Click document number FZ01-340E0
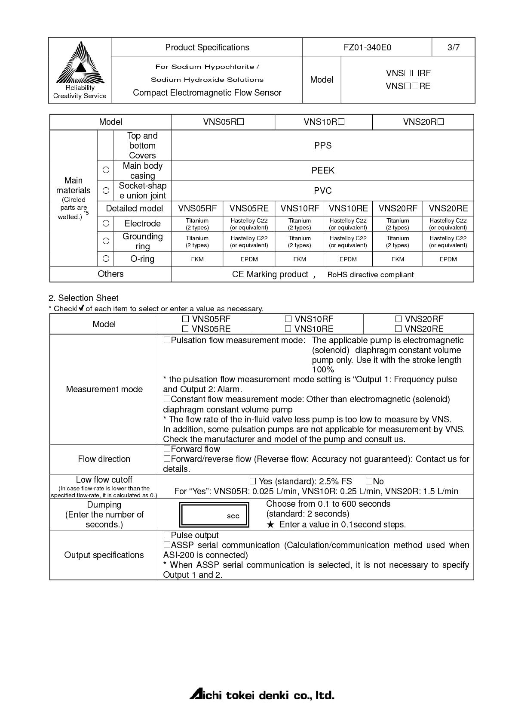tap(367, 47)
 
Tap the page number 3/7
tap(453, 47)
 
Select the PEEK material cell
tap(322, 170)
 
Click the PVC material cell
tap(322, 191)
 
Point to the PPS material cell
tap(322, 146)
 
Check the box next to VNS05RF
tap(185, 319)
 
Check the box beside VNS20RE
tap(399, 329)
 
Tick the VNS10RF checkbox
tap(288, 319)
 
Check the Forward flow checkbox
tap(167, 449)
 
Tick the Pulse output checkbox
tap(167, 535)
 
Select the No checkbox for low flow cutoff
tap(369, 481)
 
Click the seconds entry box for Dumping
tap(215, 515)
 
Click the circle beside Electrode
tap(106, 223)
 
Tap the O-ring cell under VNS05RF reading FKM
tap(197, 259)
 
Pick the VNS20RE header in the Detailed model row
tap(448, 208)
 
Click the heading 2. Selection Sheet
tap(83, 298)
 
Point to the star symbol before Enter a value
tap(270, 524)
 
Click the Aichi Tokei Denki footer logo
tap(262, 695)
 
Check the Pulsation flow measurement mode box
tap(167, 340)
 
